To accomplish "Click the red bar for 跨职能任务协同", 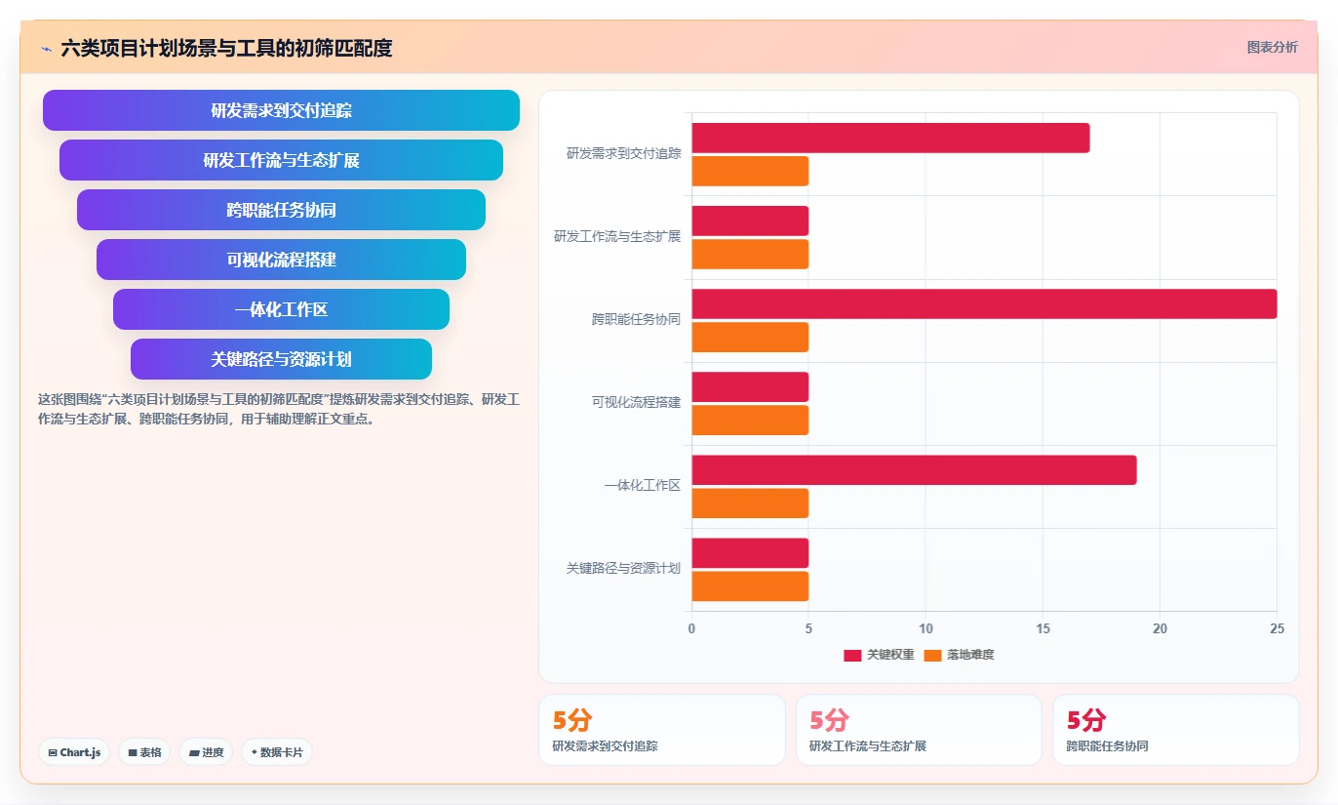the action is (x=984, y=304).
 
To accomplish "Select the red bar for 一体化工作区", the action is (x=914, y=470).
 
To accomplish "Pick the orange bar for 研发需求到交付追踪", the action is (x=750, y=172).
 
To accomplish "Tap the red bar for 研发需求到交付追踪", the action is (x=890, y=138).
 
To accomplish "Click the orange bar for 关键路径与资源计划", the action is (x=750, y=586).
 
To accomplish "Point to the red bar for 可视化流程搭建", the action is (x=750, y=387).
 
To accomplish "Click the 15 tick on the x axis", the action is (x=1043, y=628).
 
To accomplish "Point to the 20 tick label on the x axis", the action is (x=1160, y=628).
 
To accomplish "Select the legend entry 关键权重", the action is (x=879, y=655).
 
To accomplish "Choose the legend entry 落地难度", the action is (x=960, y=655).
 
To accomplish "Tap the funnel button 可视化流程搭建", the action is (x=281, y=260).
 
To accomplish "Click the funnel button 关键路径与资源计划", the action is (x=281, y=359).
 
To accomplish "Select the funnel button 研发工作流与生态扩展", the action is (x=281, y=160).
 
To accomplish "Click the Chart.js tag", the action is (x=74, y=752).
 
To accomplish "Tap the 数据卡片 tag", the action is (x=277, y=752).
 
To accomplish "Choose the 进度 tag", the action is (x=206, y=752).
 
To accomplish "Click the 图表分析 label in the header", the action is (x=1273, y=47).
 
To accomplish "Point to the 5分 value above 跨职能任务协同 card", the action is (x=1086, y=720).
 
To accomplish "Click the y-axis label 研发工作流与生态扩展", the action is (x=617, y=237).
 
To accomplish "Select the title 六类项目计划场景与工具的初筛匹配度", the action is (x=226, y=48).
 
